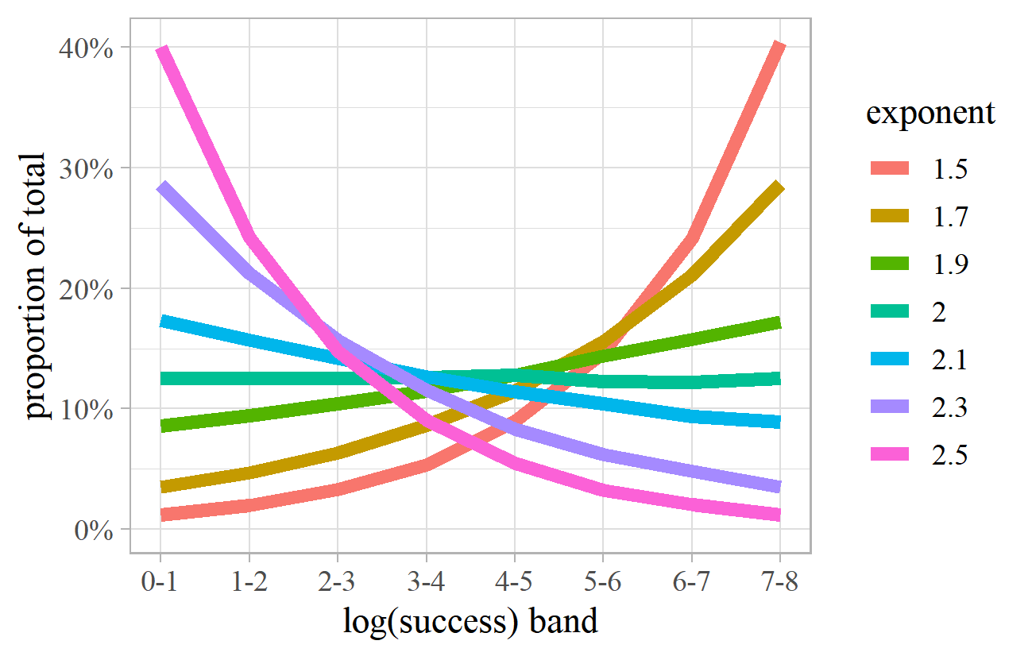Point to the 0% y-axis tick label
tap(94, 531)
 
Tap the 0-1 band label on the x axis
tap(160, 583)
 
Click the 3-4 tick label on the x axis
tap(426, 583)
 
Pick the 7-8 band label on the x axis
tap(779, 583)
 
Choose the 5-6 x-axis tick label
tap(602, 583)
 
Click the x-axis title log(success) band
tap(470, 621)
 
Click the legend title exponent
tap(930, 113)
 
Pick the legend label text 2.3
tap(949, 408)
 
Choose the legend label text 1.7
tap(949, 216)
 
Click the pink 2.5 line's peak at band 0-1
tap(161, 51)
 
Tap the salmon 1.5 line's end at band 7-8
tap(779, 48)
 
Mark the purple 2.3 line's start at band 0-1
tap(161, 187)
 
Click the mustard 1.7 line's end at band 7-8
tap(779, 187)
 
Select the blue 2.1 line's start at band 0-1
tap(161, 322)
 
